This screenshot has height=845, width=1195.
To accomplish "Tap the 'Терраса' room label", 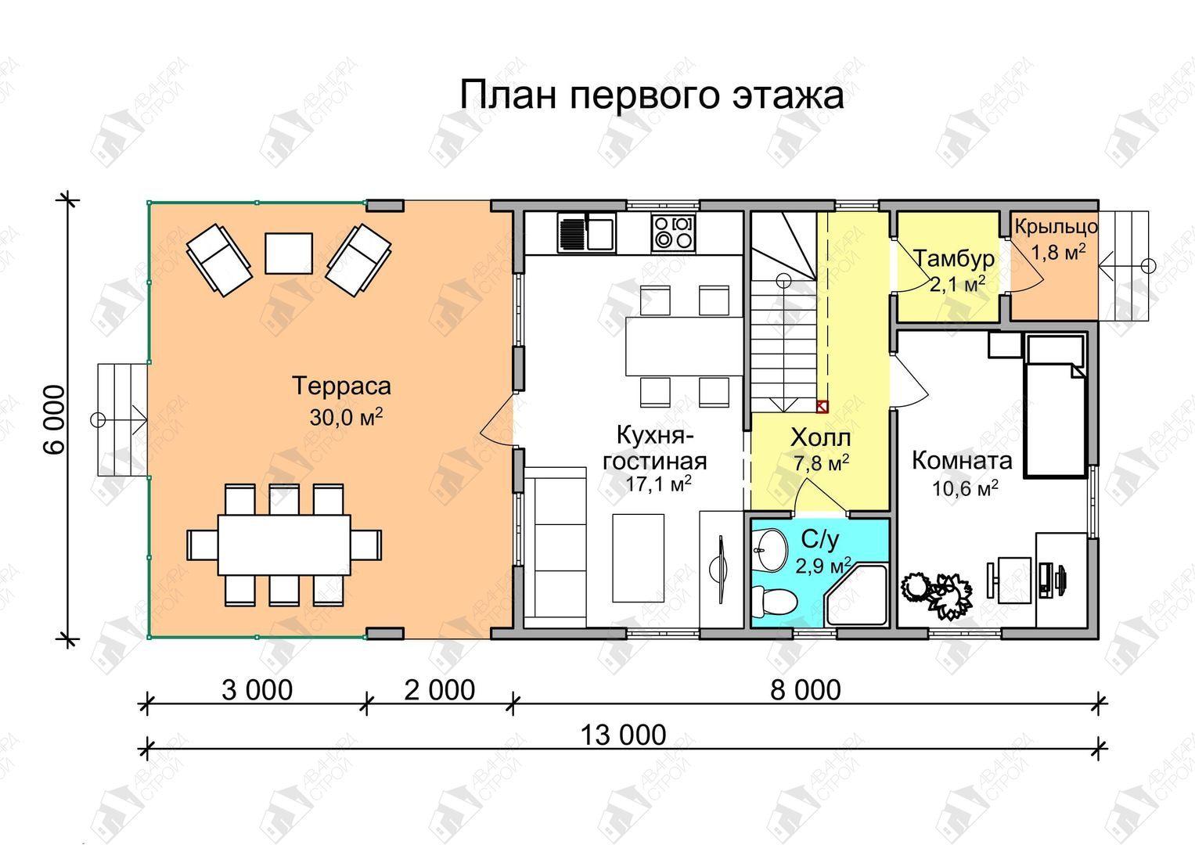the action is (x=341, y=386).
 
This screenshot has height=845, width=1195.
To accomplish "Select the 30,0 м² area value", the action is (x=346, y=417).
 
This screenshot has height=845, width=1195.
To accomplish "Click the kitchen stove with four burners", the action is (x=673, y=232).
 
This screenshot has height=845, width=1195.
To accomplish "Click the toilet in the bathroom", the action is (x=774, y=600).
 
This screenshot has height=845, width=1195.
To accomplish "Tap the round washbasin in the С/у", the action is (x=770, y=549).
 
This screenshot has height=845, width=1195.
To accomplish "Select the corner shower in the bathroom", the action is (x=855, y=596).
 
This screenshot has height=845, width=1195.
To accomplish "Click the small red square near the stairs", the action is (x=822, y=407).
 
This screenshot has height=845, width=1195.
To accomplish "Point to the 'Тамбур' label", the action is (x=955, y=259).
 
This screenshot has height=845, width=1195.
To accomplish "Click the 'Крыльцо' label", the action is (x=1056, y=227).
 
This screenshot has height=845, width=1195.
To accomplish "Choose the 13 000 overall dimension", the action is (x=623, y=735).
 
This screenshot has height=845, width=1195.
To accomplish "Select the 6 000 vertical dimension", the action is (x=54, y=420).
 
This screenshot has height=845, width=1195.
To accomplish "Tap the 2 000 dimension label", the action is (x=440, y=690).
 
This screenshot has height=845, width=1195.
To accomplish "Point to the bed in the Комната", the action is (x=1055, y=405).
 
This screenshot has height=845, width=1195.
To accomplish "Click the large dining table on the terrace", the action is (x=284, y=545).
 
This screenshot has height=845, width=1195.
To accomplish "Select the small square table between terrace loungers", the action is (x=289, y=253).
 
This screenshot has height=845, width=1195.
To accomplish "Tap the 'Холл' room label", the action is (x=820, y=438).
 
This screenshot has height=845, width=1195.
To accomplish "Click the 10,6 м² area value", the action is (x=965, y=488).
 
